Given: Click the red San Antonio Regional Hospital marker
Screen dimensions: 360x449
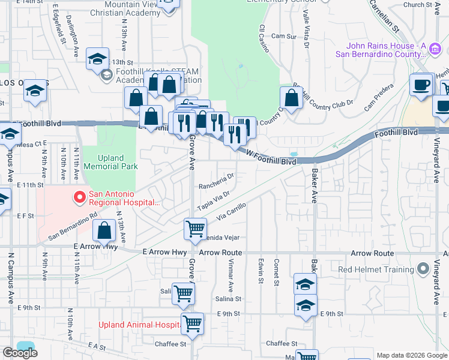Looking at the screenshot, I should point(79,197).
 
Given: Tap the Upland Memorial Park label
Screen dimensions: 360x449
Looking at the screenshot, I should point(110,162).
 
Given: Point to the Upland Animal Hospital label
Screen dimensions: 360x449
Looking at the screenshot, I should point(140,325).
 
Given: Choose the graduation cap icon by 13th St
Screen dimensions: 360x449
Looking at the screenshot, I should point(97,59).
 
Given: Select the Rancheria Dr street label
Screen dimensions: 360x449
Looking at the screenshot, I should point(216,176).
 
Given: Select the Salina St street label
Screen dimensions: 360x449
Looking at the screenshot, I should point(228,298).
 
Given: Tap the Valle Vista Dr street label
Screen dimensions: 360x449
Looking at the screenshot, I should point(306,31).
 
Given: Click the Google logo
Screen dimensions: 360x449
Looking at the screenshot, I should point(20,353).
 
